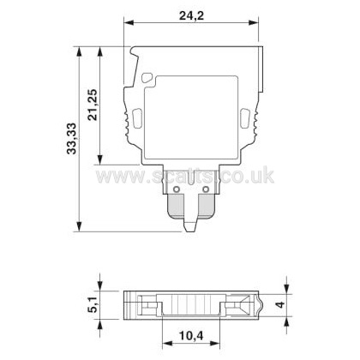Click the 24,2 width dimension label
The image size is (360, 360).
(191, 15)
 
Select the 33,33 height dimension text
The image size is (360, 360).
(71, 139)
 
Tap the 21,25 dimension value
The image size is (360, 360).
(93, 105)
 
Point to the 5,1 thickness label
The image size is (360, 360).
(93, 304)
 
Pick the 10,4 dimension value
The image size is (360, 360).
(191, 336)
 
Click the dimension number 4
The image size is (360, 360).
(281, 304)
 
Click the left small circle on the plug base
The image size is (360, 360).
(177, 189)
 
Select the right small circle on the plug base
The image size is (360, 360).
(205, 189)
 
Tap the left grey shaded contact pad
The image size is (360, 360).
(176, 207)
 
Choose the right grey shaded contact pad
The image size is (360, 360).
(207, 207)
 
